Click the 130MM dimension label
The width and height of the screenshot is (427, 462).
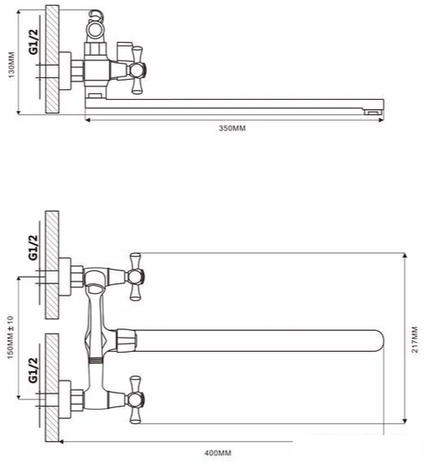click(11, 66)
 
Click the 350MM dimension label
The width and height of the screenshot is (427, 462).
click(232, 129)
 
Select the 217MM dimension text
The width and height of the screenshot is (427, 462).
click(414, 339)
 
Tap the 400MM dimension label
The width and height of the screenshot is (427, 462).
click(218, 453)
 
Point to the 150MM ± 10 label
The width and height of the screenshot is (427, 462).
click(10, 338)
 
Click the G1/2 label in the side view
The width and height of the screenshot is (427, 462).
click(34, 42)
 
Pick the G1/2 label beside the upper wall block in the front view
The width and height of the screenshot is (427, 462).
click(34, 248)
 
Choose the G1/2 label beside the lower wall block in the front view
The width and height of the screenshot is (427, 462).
click(34, 370)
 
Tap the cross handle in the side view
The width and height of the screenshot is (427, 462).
click(137, 70)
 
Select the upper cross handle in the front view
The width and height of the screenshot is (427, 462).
click(136, 276)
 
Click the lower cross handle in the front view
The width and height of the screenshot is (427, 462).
click(136, 400)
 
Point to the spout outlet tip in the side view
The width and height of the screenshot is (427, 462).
click(372, 113)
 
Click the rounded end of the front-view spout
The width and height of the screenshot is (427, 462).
click(381, 341)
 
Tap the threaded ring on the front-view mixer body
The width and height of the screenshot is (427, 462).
click(96, 360)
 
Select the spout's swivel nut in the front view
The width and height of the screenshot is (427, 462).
click(127, 341)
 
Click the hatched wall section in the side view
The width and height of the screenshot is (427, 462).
click(52, 59)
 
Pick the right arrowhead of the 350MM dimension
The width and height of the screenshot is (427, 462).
click(381, 120)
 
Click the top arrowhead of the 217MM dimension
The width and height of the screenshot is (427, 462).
click(405, 255)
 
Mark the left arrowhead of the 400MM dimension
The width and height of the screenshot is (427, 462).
click(62, 442)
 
